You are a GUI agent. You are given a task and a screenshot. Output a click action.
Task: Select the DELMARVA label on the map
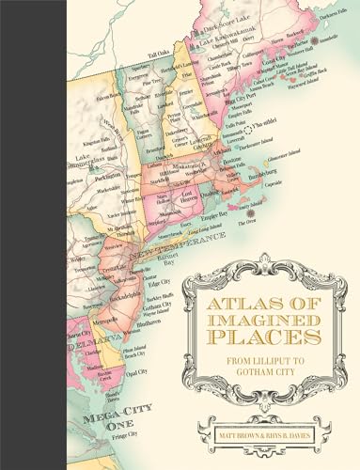80,329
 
